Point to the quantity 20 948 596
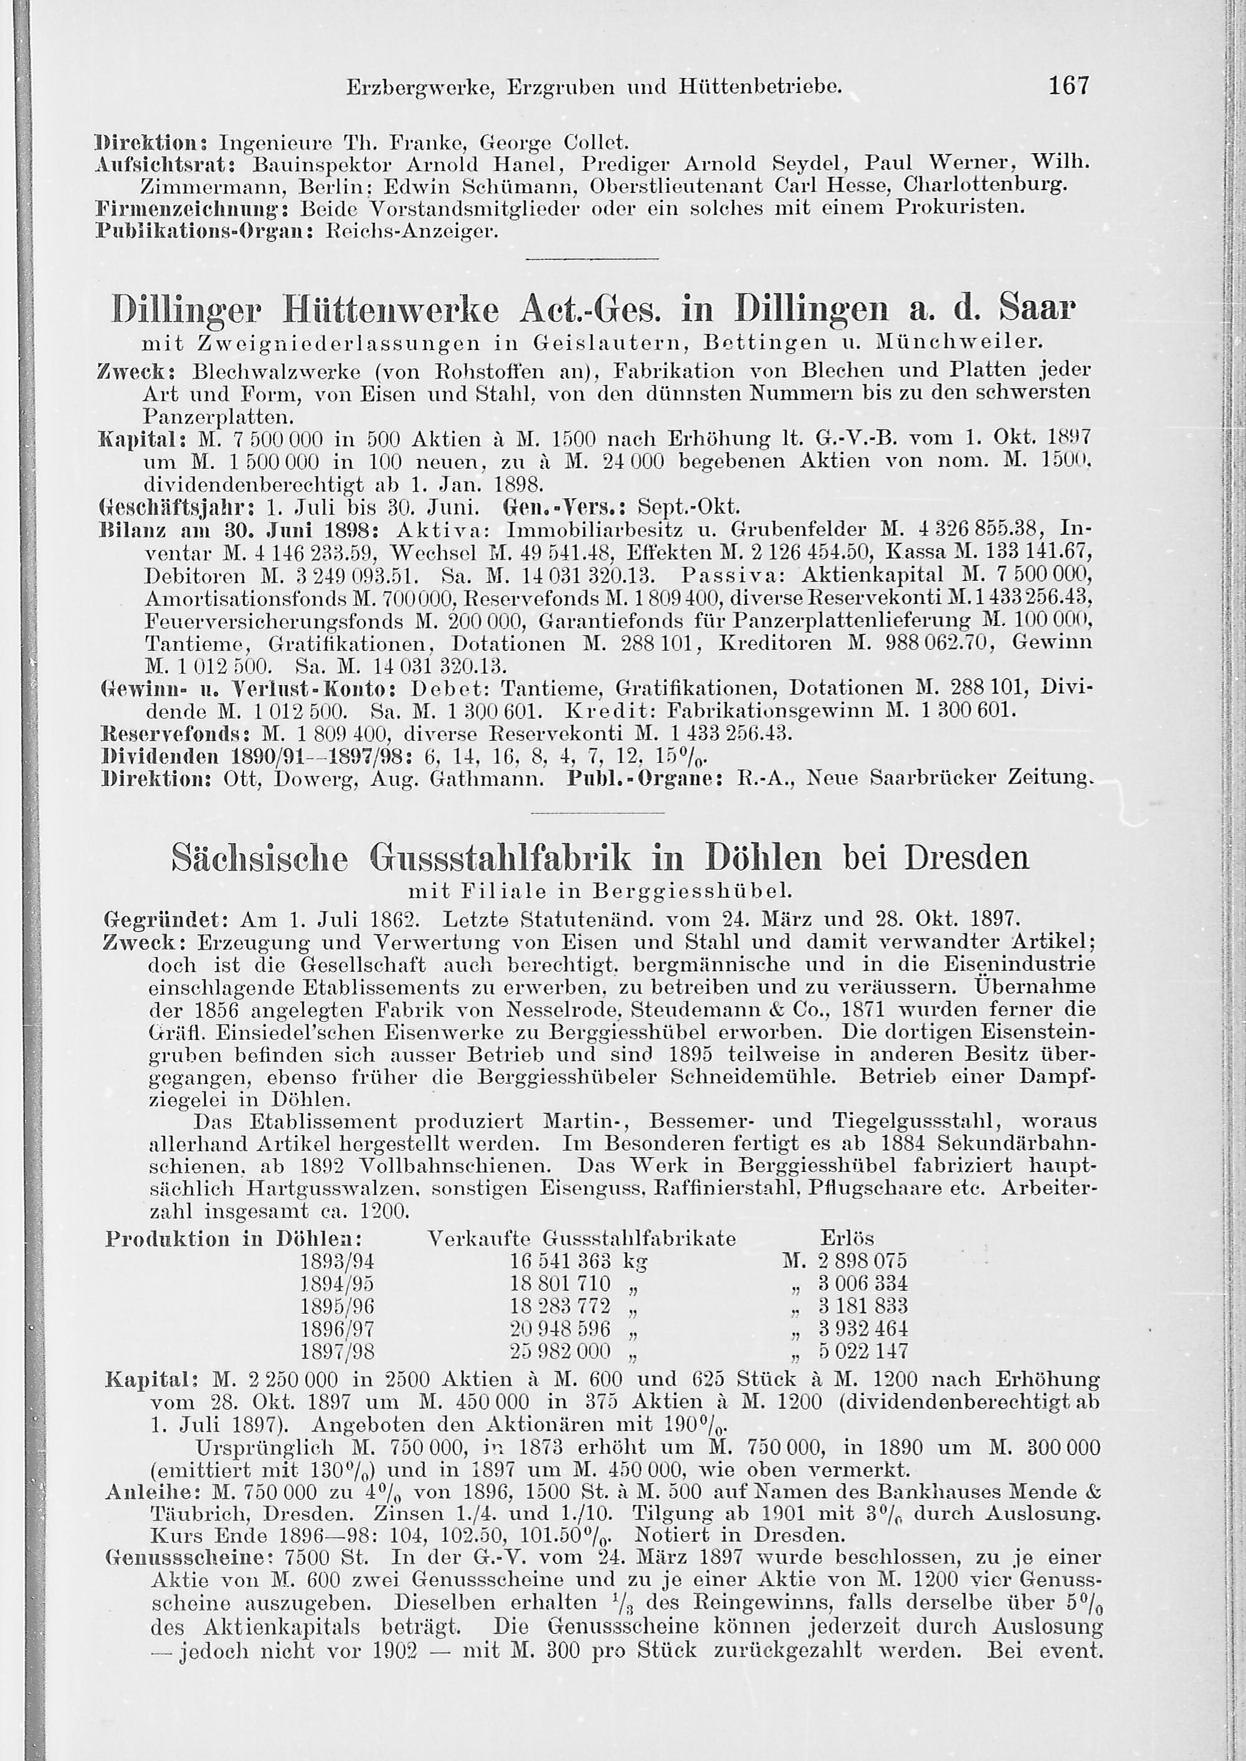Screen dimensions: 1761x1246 [x=560, y=1328]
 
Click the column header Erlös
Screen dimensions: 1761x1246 [x=847, y=1238]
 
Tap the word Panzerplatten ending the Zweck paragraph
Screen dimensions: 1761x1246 [x=217, y=418]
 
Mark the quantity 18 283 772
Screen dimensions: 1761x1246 [x=560, y=1305]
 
